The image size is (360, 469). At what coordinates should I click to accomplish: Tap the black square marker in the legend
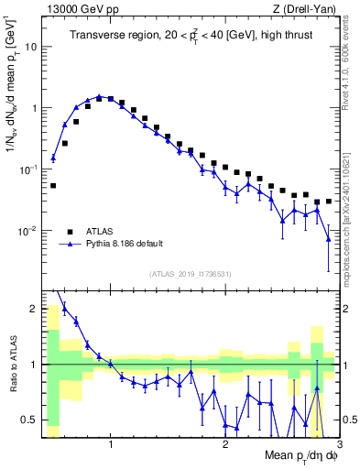point(70,231)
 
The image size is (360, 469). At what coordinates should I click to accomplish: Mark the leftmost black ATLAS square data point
point(53,185)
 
